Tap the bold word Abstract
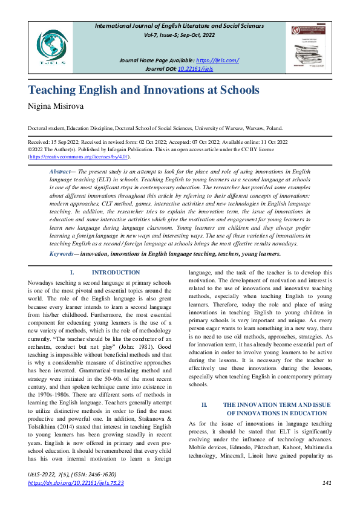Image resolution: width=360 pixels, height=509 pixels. coord(59,172)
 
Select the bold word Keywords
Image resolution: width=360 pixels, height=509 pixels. coord(62,254)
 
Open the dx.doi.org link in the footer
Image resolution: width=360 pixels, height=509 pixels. coord(76,483)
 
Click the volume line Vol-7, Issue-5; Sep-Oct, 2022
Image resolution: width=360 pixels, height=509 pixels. coord(180,36)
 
